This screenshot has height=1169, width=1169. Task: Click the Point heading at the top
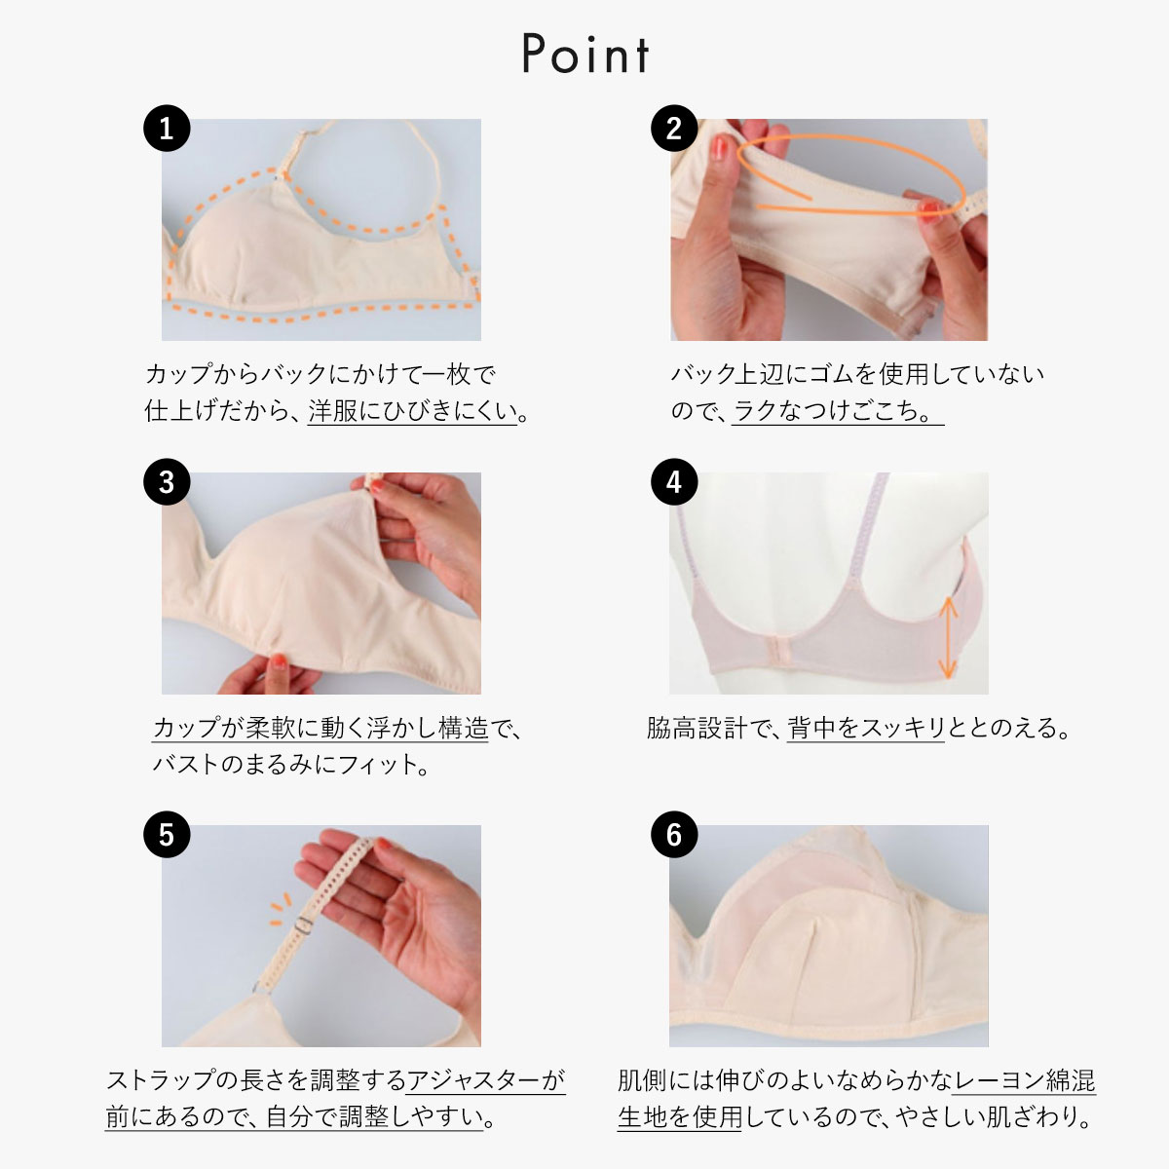coord(585,54)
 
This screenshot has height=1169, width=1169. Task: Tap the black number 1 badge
coord(167,129)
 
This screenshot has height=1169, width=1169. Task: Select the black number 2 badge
coord(674,129)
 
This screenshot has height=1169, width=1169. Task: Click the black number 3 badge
coord(167,482)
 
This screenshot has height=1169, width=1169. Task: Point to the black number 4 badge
coord(674,482)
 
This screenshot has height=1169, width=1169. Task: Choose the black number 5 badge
coord(167,835)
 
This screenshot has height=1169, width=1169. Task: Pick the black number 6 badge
coord(674,835)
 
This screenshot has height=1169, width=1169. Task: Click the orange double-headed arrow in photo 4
coord(947,637)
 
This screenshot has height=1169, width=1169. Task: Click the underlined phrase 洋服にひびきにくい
coord(412,411)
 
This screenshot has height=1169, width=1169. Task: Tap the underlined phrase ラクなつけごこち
coord(837,411)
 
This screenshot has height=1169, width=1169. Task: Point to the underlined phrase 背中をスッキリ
coord(866,728)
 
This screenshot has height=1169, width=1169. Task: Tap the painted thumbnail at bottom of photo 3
coord(279,660)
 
